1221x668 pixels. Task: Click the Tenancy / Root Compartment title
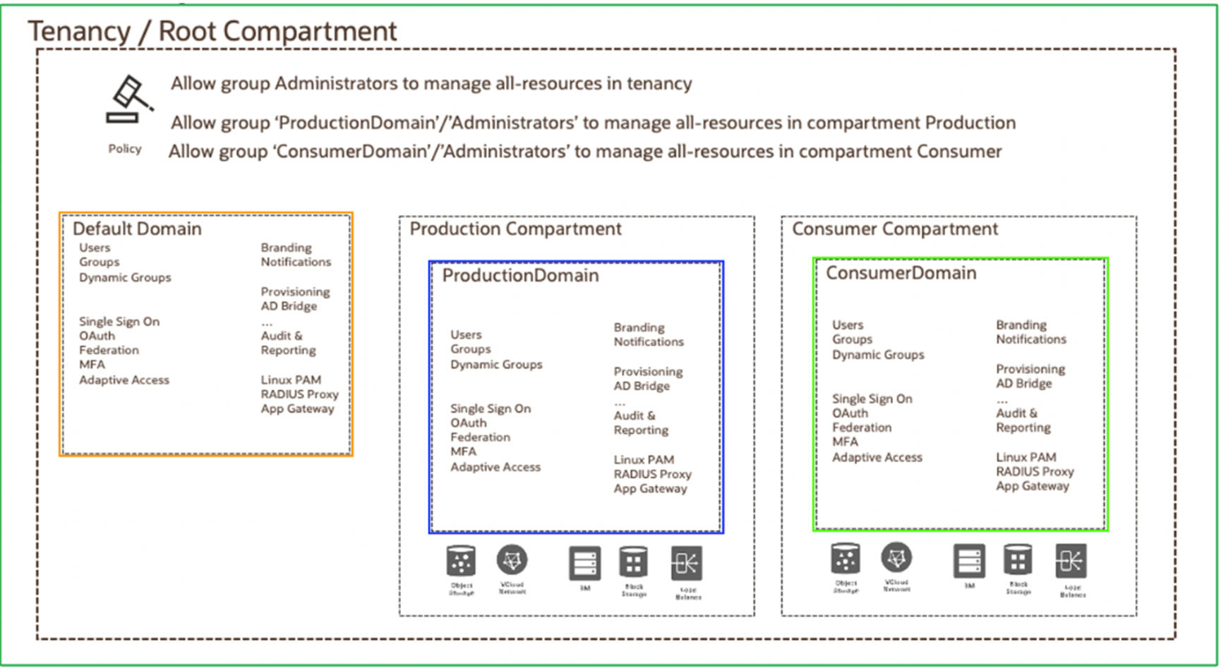[x=212, y=32]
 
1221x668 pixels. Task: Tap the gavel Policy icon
[x=128, y=99]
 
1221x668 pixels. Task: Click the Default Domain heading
[x=137, y=229]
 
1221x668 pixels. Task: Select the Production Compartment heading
[x=515, y=229]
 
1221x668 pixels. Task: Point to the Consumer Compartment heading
[x=894, y=229]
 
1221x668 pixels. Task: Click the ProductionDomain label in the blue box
[x=520, y=275]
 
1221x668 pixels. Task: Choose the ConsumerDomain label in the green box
[x=901, y=273]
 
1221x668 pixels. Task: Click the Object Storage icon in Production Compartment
[x=461, y=562]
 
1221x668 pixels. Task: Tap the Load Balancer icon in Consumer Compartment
[x=1071, y=561]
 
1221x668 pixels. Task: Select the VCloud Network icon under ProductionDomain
[x=512, y=561]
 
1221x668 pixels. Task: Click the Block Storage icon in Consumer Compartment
[x=1018, y=561]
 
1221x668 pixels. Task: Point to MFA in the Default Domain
[x=92, y=365]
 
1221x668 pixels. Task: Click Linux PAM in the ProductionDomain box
[x=644, y=460]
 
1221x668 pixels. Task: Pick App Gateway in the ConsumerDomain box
[x=1032, y=486]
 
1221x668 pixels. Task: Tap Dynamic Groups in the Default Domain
[x=125, y=277]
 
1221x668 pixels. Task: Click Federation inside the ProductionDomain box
[x=480, y=437]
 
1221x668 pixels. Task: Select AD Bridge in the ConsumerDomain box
[x=1023, y=384]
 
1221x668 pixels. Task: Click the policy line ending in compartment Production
[x=593, y=123]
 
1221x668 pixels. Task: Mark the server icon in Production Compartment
[x=584, y=563]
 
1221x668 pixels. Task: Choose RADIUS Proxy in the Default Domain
[x=299, y=394]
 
